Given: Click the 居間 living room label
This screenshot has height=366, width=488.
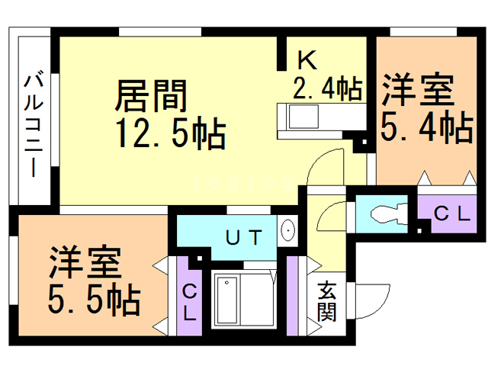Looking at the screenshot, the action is (x=151, y=96).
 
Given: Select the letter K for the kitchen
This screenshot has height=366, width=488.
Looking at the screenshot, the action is (x=307, y=59).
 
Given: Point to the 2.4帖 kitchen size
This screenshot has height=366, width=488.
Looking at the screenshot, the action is (x=328, y=88).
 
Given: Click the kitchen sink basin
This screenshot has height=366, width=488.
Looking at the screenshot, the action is (x=303, y=117).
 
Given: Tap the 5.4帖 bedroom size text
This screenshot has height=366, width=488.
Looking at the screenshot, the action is (x=427, y=127).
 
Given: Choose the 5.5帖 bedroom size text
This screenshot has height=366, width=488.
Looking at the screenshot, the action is (x=95, y=299).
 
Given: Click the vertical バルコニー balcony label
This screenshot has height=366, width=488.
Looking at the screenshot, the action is (x=34, y=124).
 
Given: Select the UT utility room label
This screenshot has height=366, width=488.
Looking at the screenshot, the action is (x=244, y=238).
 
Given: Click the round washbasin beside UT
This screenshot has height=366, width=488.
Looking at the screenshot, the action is (x=287, y=230).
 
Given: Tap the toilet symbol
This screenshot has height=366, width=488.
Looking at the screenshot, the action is (x=389, y=213).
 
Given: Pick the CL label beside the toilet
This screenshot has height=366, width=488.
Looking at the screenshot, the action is (x=451, y=213).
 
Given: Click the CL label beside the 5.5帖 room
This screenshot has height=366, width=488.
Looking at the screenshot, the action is (x=190, y=303).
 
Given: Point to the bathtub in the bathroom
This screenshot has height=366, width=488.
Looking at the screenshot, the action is (x=227, y=300).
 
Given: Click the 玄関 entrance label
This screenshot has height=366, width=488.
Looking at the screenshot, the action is (x=327, y=301).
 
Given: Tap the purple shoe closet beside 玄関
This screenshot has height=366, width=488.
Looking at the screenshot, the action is (x=292, y=296).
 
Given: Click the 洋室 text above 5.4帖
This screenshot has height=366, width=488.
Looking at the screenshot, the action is (x=419, y=89).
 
